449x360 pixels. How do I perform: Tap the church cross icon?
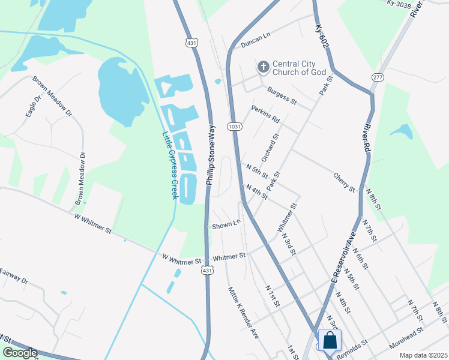coord(263,67)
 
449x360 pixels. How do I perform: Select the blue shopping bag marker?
coord(330,340)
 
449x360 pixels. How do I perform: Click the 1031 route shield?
coord(234,127)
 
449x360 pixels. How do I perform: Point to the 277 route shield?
coord(378,77)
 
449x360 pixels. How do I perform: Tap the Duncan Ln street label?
coord(256,40)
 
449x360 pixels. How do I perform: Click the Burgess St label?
coord(282,95)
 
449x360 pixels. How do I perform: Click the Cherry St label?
coord(344,182)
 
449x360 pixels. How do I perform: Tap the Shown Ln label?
coord(226,225)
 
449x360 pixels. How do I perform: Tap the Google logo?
coord(19,353)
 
